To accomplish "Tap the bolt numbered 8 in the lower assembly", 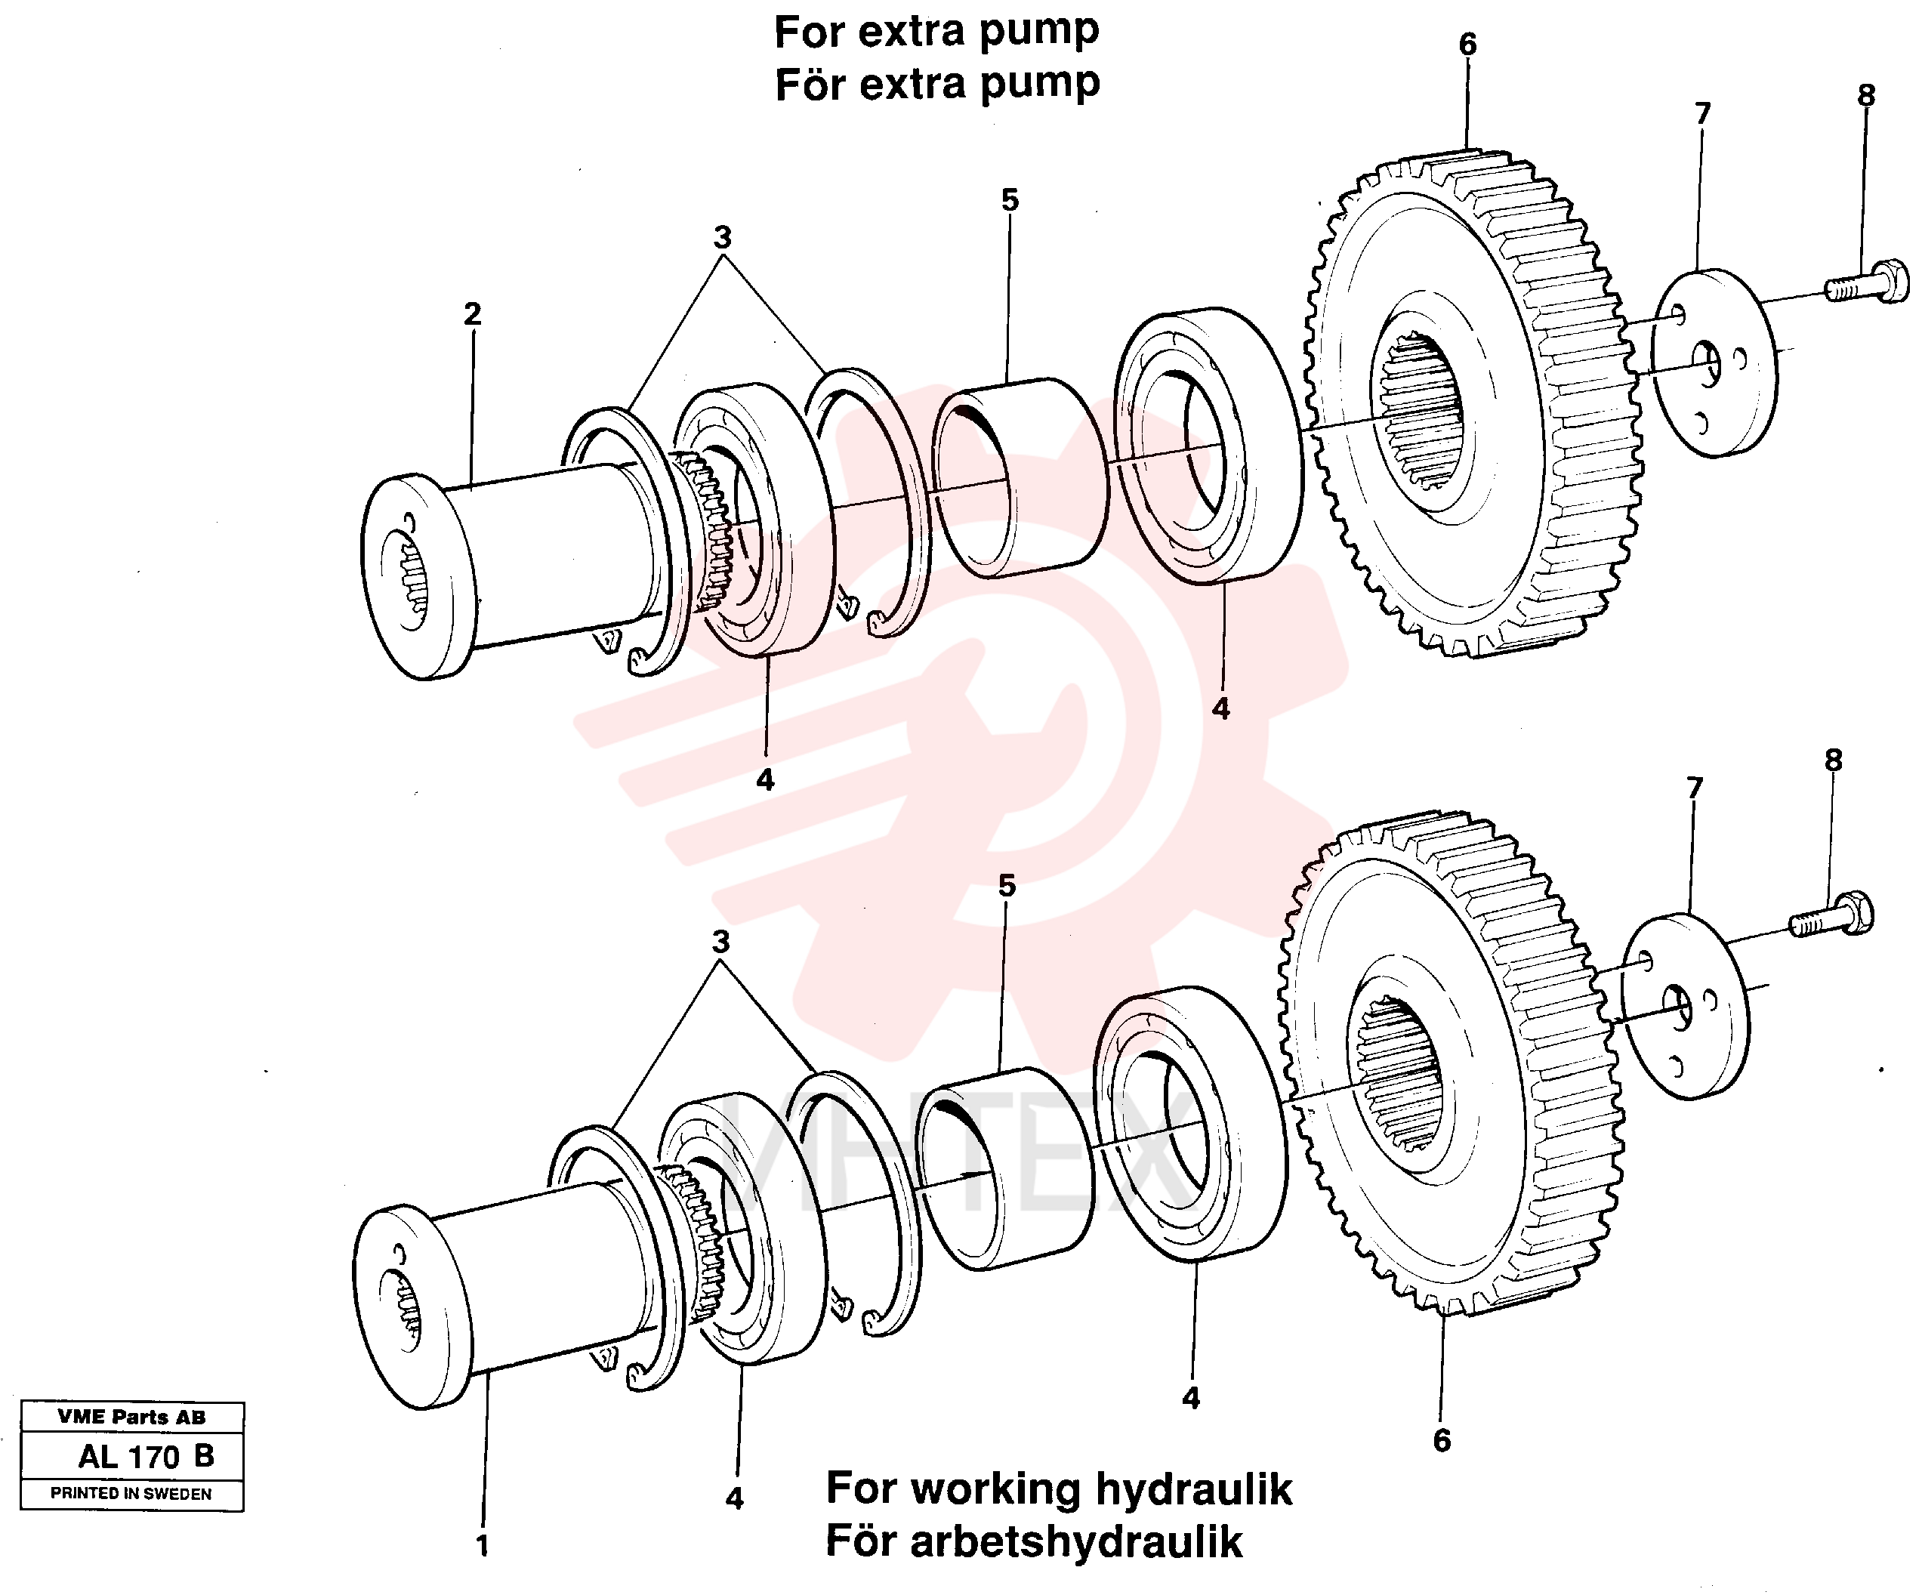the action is (x=1831, y=916).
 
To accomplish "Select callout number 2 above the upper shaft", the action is (x=472, y=314).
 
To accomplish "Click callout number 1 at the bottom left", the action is (x=483, y=1546).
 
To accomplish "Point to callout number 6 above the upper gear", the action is (x=1467, y=43).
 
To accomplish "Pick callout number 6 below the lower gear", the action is (x=1442, y=1441).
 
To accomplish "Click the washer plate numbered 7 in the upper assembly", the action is (x=1714, y=362).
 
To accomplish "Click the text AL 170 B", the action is (x=147, y=1456).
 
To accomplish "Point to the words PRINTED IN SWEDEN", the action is (x=131, y=1494).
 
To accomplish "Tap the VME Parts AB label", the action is (x=132, y=1418).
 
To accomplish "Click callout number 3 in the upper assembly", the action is (x=722, y=237).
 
